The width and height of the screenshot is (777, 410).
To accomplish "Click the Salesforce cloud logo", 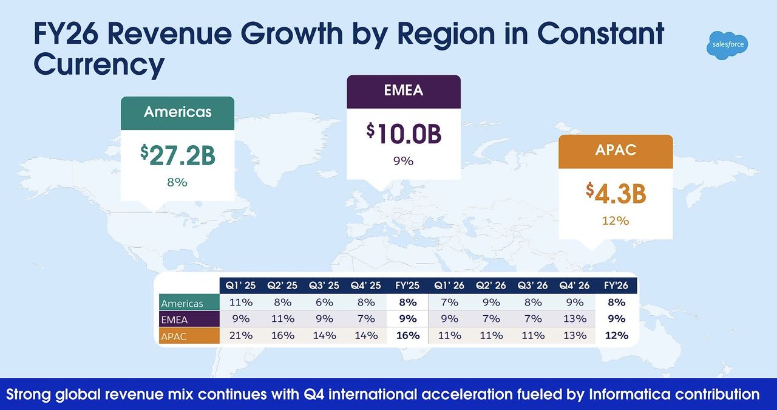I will (x=728, y=45).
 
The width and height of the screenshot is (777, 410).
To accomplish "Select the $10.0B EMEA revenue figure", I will (x=404, y=134).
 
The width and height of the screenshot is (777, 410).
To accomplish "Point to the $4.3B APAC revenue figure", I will (x=616, y=194).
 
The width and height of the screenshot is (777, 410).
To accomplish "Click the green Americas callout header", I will (x=178, y=112).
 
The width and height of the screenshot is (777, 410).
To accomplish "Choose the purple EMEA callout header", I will (x=404, y=91).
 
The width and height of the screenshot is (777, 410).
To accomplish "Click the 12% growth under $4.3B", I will (x=616, y=221).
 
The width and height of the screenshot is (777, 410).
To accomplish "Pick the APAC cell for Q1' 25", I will (x=240, y=335).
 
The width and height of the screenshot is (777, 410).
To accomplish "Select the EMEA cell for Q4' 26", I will (x=574, y=319).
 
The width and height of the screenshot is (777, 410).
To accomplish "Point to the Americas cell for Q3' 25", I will (x=324, y=302).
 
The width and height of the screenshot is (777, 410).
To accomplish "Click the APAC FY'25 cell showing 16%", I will (x=408, y=335).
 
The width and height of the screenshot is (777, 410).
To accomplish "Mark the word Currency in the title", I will (x=99, y=64).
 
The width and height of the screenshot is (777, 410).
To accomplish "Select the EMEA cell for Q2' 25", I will (x=282, y=319).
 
